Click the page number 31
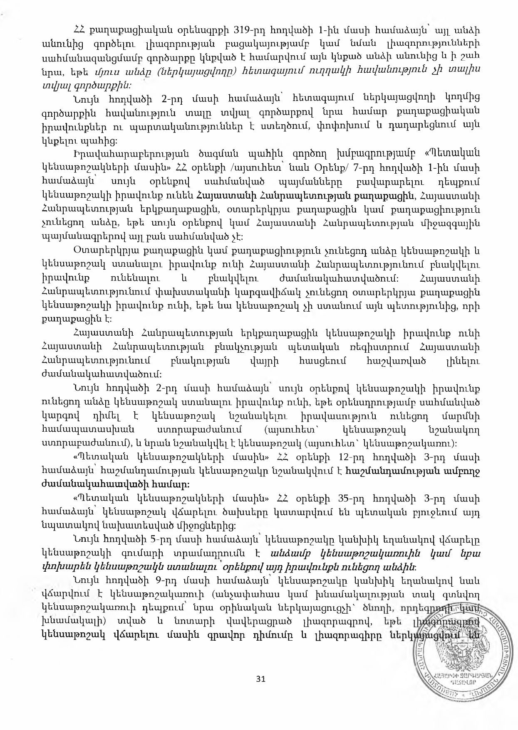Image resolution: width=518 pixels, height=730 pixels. pos(261,679)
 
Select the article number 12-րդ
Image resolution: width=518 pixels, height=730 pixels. pos(356,457)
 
